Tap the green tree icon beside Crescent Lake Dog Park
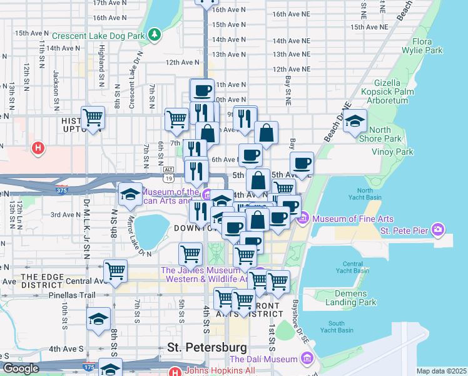pos(154,34)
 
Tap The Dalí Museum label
pos(263,359)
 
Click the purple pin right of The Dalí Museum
pos(307,358)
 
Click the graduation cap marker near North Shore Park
pos(355,122)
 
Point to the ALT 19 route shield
pos(168,170)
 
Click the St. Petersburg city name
pos(206,347)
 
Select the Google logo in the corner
pos(20,369)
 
